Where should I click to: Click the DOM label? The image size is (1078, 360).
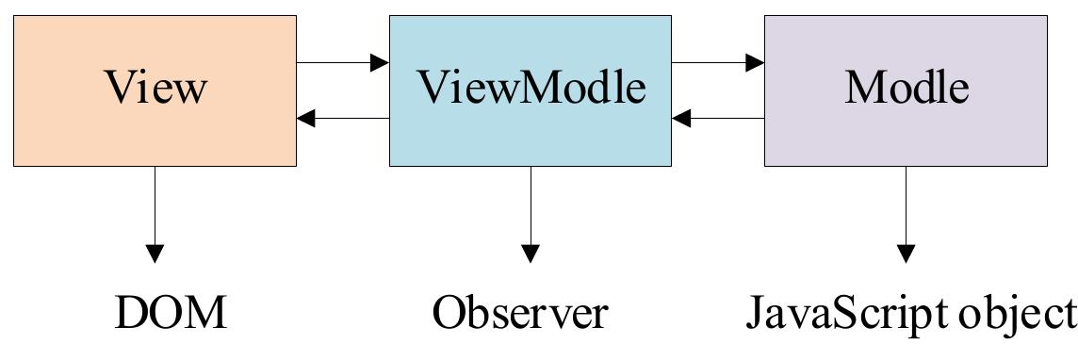pyautogui.click(x=171, y=313)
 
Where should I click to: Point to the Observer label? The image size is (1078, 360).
pyautogui.click(x=519, y=313)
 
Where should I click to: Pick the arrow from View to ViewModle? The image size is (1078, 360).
pyautogui.click(x=343, y=63)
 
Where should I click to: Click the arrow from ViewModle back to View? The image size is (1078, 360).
pyautogui.click(x=343, y=119)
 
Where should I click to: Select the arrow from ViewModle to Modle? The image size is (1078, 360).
pyautogui.click(x=718, y=63)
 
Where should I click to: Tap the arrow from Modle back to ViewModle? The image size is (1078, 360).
pyautogui.click(x=718, y=119)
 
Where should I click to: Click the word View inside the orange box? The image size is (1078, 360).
pyautogui.click(x=155, y=89)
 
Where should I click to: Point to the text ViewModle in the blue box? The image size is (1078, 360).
pyautogui.click(x=531, y=89)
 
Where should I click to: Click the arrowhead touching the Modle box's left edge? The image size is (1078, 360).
pyautogui.click(x=755, y=63)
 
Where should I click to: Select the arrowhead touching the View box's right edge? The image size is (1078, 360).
pyautogui.click(x=306, y=119)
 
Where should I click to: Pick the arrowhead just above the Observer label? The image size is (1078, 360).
pyautogui.click(x=531, y=254)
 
